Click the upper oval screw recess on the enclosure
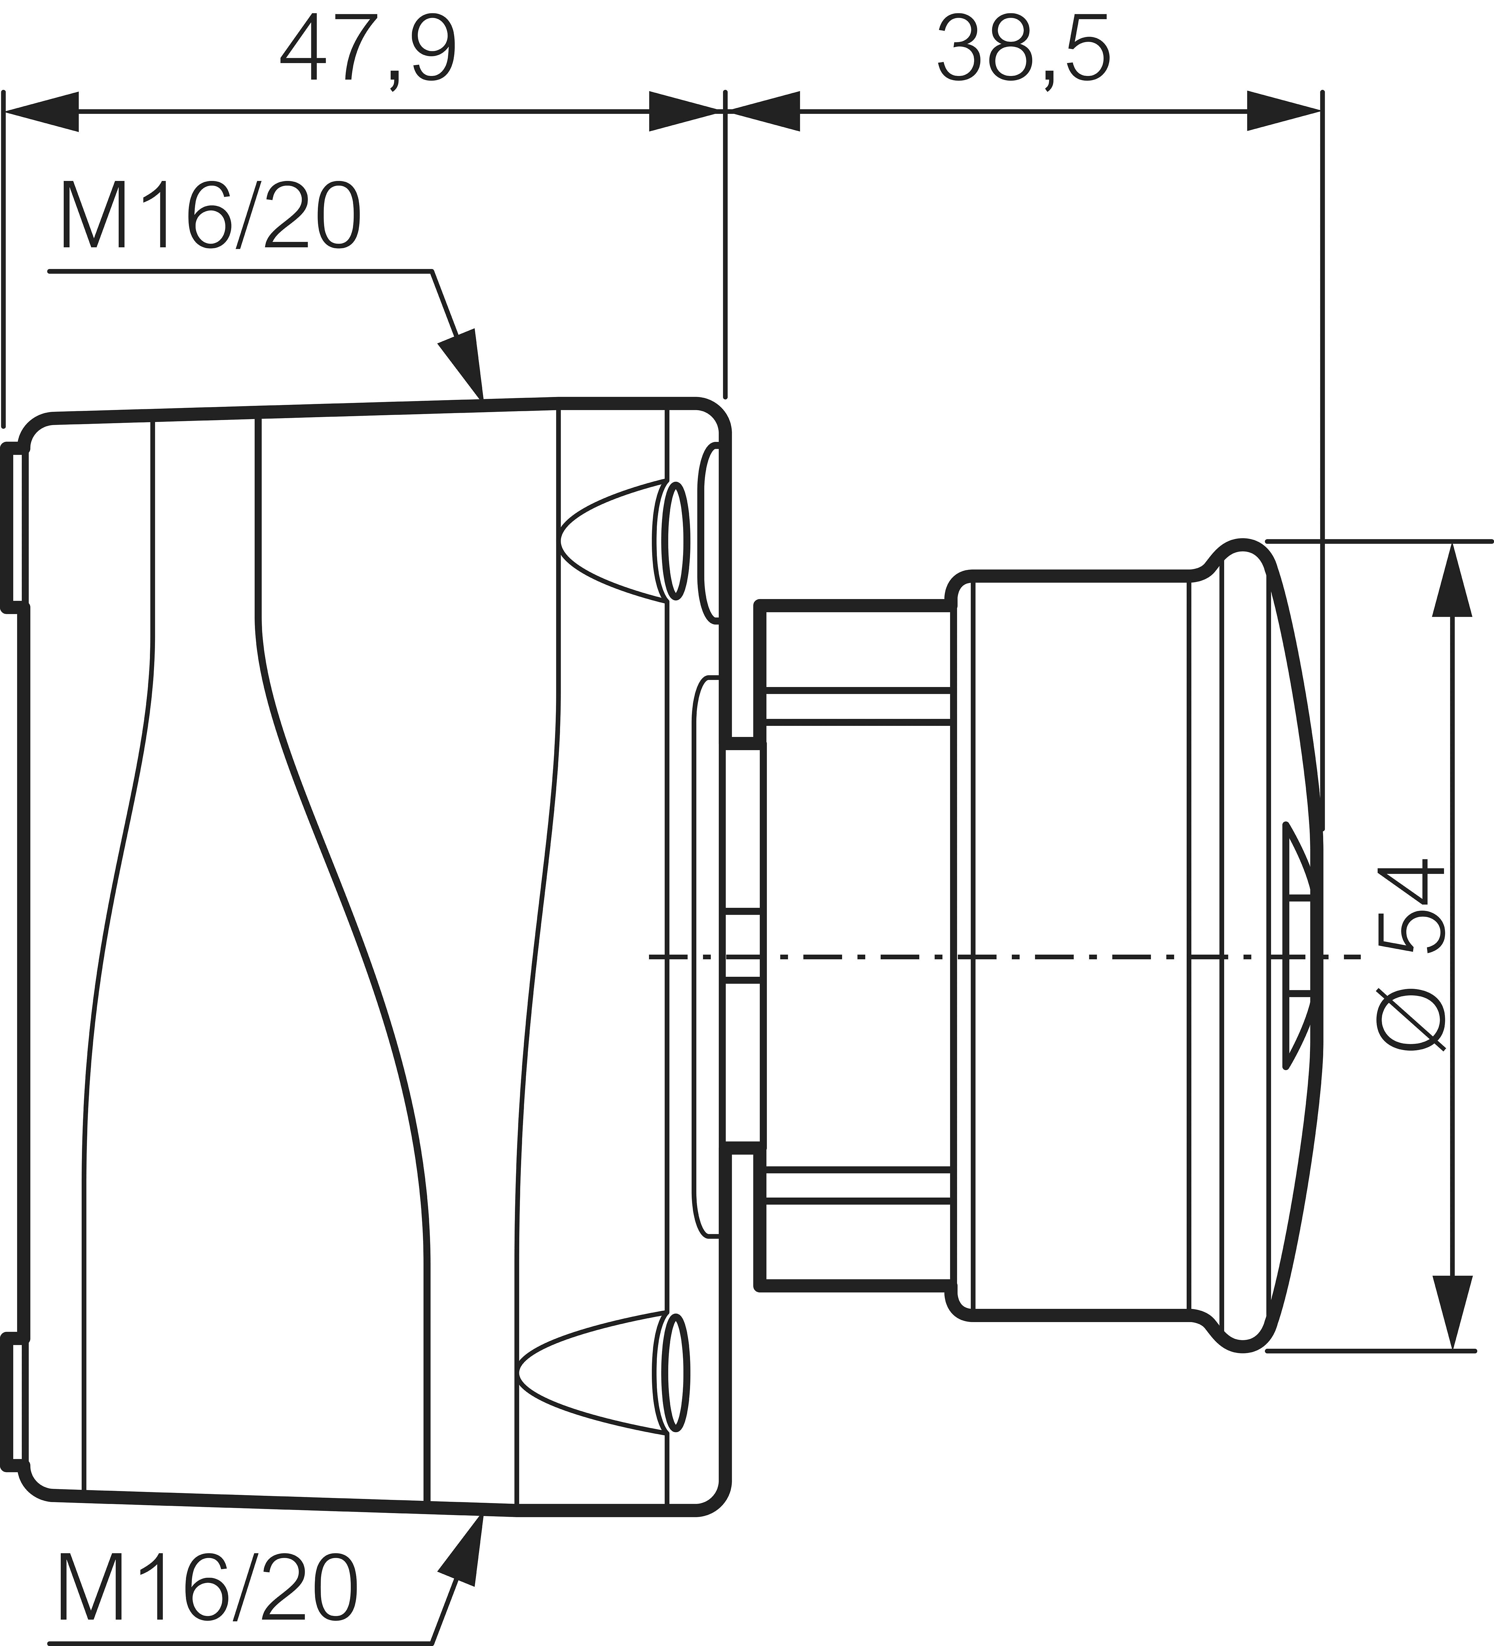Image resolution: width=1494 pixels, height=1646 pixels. (674, 541)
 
